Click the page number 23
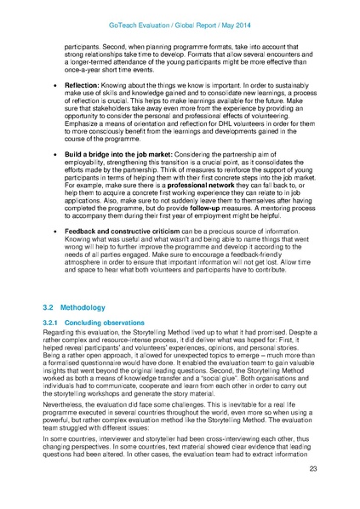coord(313,492)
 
